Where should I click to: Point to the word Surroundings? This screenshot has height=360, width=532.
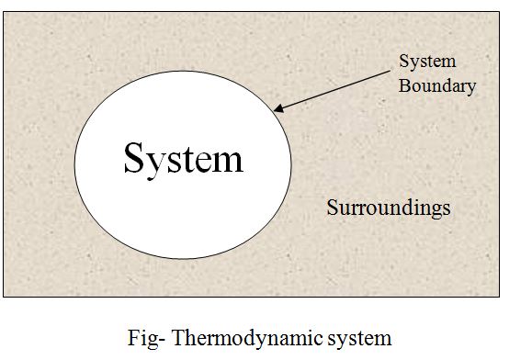click(x=389, y=208)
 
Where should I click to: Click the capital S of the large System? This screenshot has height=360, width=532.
click(x=134, y=158)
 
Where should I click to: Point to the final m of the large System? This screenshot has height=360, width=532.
click(x=228, y=163)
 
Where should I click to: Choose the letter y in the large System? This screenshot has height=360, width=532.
click(x=157, y=165)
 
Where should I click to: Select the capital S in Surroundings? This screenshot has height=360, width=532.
click(x=333, y=208)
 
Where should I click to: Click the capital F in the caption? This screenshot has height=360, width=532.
click(x=133, y=337)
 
